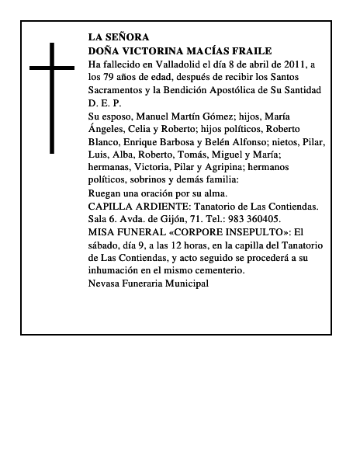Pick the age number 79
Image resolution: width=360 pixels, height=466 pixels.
point(112,77)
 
